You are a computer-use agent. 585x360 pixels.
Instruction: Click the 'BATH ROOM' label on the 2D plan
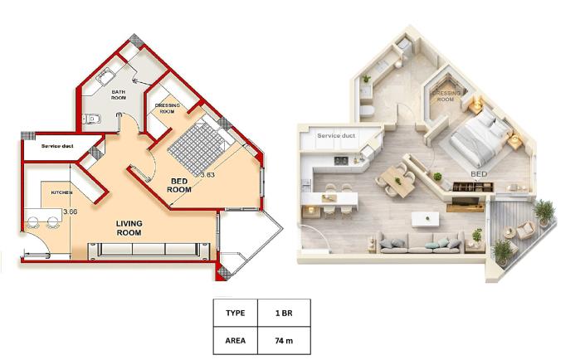(119, 95)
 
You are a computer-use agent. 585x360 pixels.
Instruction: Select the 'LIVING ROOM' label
(128, 228)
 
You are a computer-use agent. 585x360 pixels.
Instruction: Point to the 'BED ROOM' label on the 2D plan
(179, 185)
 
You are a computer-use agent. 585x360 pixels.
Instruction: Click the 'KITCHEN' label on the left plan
(62, 192)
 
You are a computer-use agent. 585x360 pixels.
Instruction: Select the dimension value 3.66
(70, 212)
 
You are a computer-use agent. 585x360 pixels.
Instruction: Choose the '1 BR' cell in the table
(280, 314)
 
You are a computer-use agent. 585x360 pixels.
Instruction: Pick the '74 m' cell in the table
(280, 340)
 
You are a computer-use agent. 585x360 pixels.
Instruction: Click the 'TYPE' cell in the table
(235, 314)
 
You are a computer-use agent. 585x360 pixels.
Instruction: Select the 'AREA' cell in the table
(235, 340)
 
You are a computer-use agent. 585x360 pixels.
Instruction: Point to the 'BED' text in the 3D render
(479, 174)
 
